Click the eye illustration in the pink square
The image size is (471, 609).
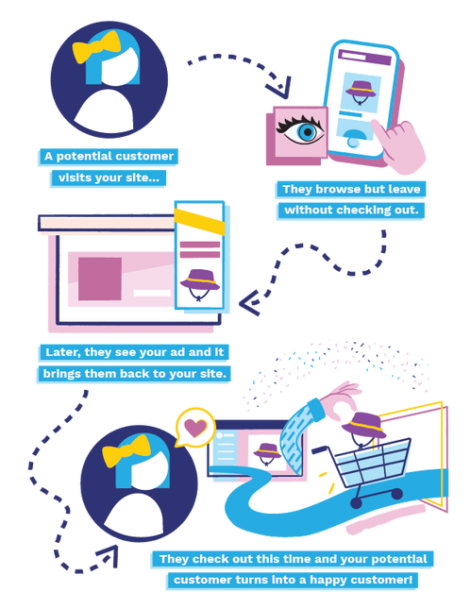pyautogui.click(x=300, y=129)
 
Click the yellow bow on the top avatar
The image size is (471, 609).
pyautogui.click(x=96, y=46)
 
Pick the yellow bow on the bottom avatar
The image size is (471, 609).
pyautogui.click(x=126, y=450)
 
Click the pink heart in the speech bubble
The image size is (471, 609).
pyautogui.click(x=195, y=427)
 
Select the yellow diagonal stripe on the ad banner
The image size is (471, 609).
pyautogui.click(x=199, y=221)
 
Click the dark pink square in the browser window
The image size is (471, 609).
pyautogui.click(x=100, y=279)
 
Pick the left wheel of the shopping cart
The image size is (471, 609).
pyautogui.click(x=356, y=502)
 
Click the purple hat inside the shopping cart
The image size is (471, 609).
pyautogui.click(x=363, y=424)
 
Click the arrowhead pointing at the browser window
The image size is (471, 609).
pyautogui.click(x=248, y=303)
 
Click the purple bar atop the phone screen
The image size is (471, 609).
pyautogui.click(x=364, y=57)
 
